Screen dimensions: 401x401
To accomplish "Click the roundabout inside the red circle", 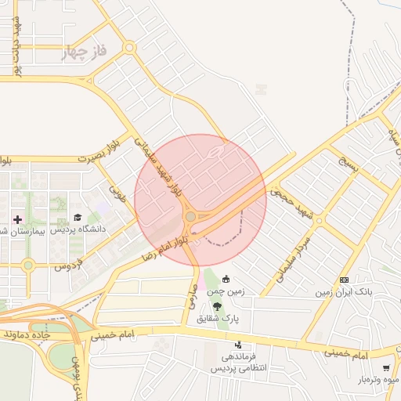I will point(190,216).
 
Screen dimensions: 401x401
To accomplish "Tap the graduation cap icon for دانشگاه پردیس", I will point(77,217).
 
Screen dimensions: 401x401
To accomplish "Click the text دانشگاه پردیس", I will point(78,230).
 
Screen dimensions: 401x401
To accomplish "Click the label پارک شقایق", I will point(218,319).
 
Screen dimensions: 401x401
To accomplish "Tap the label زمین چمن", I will point(226,291).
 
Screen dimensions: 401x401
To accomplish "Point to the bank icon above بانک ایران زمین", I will point(344,280).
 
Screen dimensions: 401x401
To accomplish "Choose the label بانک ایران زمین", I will point(344,292).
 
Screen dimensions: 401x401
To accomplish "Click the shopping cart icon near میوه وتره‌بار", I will point(385,367).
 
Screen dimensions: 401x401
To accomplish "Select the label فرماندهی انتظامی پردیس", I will point(240,362).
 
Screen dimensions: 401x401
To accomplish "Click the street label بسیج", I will point(346,167).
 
